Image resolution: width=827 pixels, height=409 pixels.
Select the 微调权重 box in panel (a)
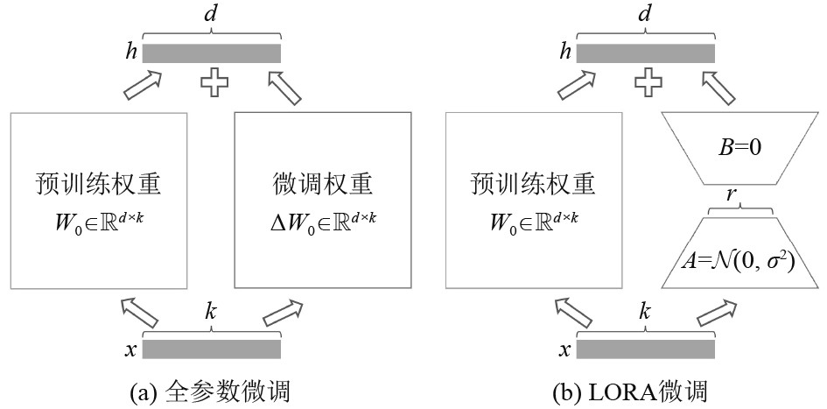[323, 201]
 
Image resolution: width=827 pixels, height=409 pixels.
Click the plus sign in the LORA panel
[646, 83]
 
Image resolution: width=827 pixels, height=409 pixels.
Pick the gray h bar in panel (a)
[212, 53]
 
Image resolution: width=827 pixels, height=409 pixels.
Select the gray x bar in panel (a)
[212, 349]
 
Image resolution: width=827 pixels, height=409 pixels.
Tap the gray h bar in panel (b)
[645, 53]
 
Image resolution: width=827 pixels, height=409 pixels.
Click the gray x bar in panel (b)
[645, 349]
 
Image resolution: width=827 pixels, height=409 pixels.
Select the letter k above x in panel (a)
[211, 312]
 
